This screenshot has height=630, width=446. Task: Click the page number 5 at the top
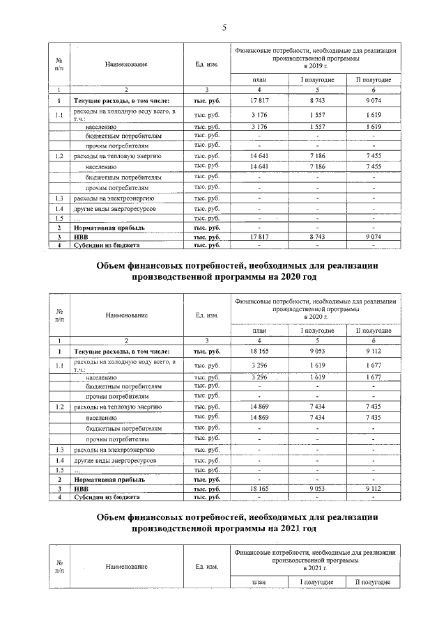[224, 28]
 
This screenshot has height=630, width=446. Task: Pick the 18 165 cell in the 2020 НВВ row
[259, 489]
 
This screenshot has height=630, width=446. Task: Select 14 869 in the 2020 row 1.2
[259, 405]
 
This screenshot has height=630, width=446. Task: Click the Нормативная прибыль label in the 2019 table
[105, 228]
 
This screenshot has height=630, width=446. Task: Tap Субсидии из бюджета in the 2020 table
[107, 498]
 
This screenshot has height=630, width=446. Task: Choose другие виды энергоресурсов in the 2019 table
[116, 209]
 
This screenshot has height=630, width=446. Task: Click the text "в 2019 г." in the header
[316, 63]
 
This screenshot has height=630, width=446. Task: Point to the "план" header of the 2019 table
[259, 80]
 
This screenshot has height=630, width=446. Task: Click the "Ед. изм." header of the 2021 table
[208, 567]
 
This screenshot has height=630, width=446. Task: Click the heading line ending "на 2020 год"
[223, 277]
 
